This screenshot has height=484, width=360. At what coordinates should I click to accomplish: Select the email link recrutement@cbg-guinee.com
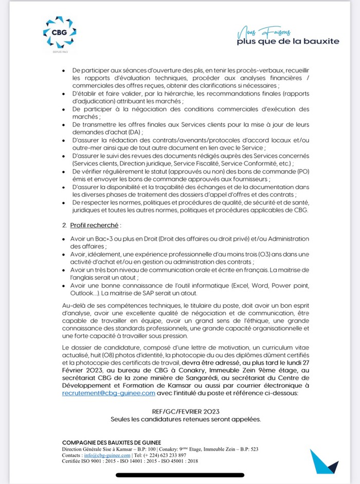pos(108,393)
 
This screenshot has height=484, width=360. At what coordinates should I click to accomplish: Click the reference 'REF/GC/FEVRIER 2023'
pos(186,411)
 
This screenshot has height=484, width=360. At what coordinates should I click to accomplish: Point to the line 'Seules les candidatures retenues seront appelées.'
pos(186,419)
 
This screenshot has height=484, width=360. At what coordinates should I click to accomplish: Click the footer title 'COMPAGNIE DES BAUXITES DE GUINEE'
pos(111,443)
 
